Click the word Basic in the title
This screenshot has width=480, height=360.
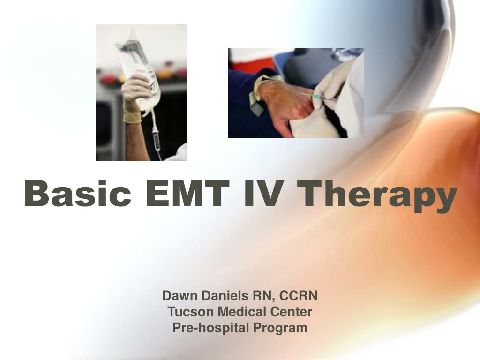(78, 193)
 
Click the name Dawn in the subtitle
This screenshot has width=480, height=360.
(178, 296)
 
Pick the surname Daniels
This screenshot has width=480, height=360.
(220, 296)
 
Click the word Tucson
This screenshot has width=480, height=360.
(186, 312)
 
